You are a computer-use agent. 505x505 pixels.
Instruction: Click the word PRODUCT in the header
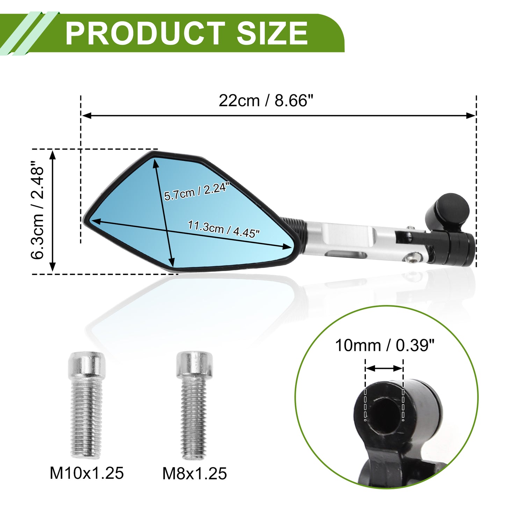pos(145,33)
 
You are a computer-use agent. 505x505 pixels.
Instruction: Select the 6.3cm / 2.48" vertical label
pos(37,210)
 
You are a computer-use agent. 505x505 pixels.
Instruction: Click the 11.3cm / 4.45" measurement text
pos(224,229)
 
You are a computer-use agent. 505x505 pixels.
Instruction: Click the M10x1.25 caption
pos(87,473)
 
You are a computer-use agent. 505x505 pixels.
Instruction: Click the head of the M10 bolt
pos(87,365)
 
